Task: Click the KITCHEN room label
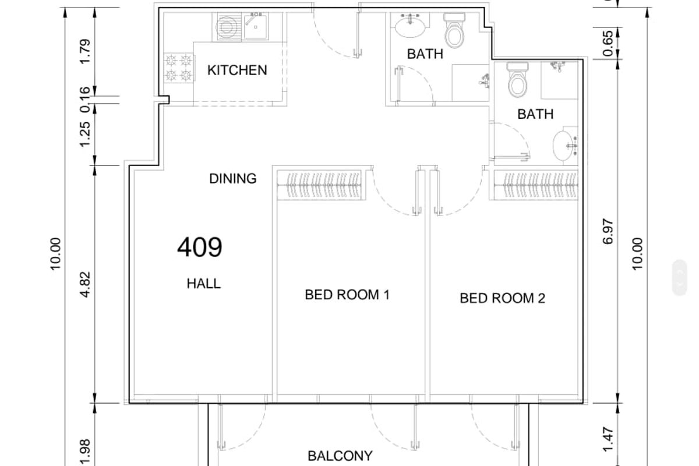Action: [237, 70]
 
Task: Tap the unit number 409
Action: [200, 247]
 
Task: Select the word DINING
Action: [233, 178]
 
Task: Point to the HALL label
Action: [204, 284]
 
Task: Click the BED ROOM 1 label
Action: [347, 295]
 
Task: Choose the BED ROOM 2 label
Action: [502, 298]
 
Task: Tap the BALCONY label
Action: [340, 456]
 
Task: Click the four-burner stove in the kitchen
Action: [178, 68]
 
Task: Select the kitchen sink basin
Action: [255, 27]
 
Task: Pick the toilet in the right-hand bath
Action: [518, 80]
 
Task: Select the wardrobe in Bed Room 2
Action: [536, 185]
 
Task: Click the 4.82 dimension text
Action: [85, 284]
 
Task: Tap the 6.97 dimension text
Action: [608, 232]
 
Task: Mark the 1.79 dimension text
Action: [85, 51]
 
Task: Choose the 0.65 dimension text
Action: [608, 43]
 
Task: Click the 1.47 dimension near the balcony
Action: [608, 439]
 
